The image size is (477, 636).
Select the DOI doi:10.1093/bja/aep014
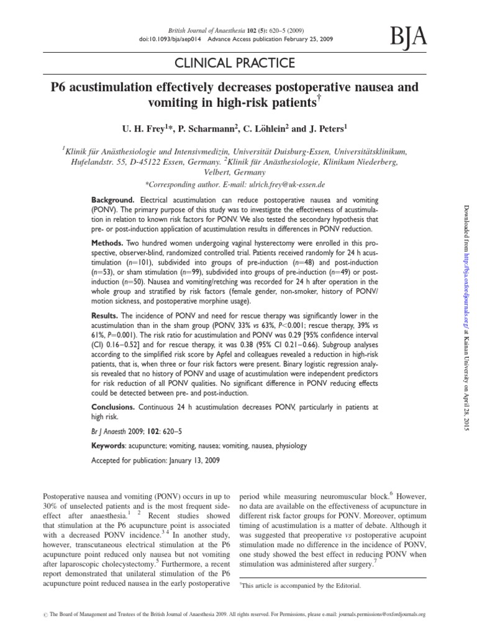pyautogui.click(x=164, y=38)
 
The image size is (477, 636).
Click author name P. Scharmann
pyautogui.click(x=201, y=129)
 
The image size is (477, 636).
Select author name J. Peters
pyautogui.click(x=327, y=129)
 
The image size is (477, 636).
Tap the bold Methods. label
pyautogui.click(x=109, y=240)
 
